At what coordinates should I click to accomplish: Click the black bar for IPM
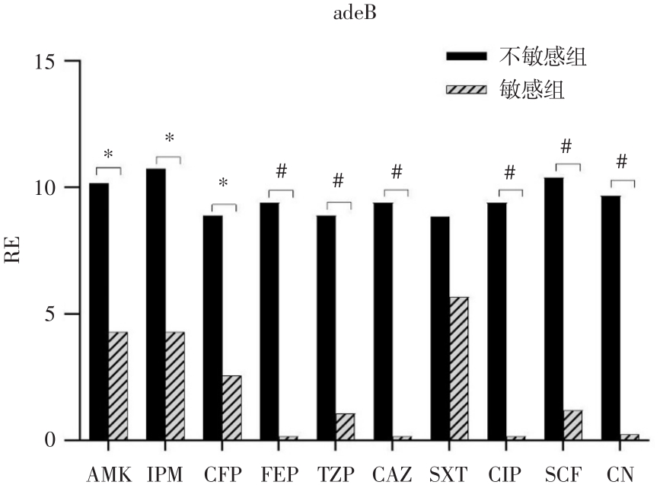tap(156, 304)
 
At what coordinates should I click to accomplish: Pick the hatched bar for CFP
tap(232, 407)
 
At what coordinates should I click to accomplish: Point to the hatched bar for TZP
tap(346, 426)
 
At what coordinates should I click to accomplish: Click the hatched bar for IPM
tap(175, 385)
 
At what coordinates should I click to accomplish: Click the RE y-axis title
tap(16, 250)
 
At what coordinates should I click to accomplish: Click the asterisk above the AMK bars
tap(108, 155)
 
